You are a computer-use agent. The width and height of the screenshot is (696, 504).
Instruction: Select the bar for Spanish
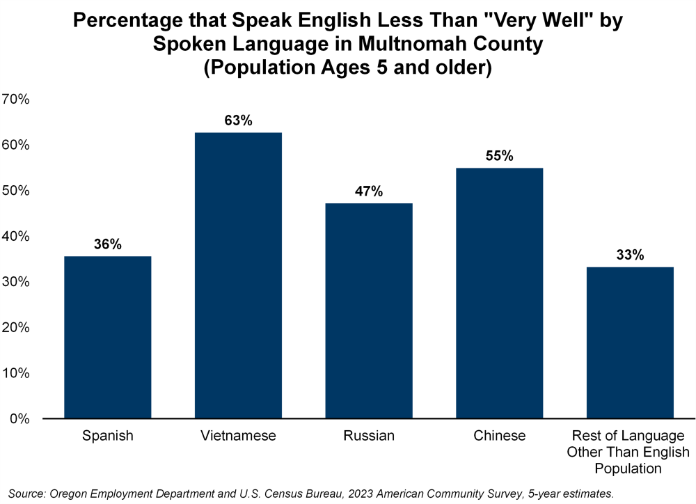point(107,337)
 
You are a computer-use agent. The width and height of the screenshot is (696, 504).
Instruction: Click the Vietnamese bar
point(238,275)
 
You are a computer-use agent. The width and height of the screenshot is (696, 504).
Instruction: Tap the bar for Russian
point(369,310)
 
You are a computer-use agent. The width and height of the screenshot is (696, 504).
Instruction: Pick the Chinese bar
point(500,293)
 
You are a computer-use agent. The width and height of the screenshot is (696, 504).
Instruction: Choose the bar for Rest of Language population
point(630,342)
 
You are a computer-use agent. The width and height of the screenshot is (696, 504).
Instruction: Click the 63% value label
point(238,120)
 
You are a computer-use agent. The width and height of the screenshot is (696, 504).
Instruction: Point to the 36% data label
point(108,244)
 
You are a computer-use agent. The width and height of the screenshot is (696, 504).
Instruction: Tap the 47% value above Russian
point(369,191)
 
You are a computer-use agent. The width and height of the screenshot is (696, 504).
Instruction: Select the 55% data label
point(500,156)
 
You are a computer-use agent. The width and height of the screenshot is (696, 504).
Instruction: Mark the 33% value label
point(630,255)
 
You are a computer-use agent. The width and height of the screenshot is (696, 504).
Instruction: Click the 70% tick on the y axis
point(16,100)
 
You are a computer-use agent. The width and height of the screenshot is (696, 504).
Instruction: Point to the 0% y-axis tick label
point(19,419)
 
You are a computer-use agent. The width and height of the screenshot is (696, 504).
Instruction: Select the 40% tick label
point(16,237)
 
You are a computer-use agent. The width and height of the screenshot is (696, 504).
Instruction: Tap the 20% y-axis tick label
point(16,328)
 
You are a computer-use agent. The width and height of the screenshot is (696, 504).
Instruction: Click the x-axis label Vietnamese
point(238,436)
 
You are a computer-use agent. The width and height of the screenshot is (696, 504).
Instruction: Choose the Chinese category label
point(500,436)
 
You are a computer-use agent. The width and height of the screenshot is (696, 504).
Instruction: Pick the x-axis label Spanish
point(108,436)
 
